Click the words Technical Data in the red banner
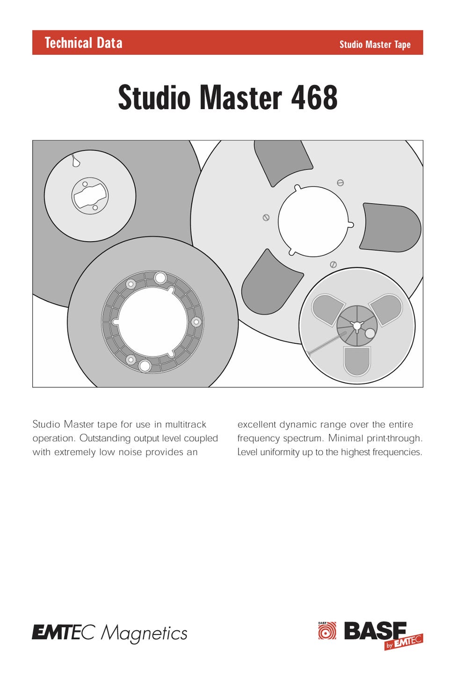tap(84, 43)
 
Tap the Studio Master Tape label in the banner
tap(375, 44)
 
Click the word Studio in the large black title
tap(154, 97)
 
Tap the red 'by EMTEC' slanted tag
tap(404, 642)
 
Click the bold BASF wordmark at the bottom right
tap(375, 630)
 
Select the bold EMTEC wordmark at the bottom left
tap(64, 632)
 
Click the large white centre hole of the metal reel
tap(314, 221)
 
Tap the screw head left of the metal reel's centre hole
tap(266, 218)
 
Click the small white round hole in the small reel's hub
tap(369, 333)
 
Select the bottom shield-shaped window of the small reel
tap(357, 361)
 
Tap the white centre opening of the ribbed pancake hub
tap(152, 322)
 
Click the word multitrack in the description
tap(185, 424)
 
